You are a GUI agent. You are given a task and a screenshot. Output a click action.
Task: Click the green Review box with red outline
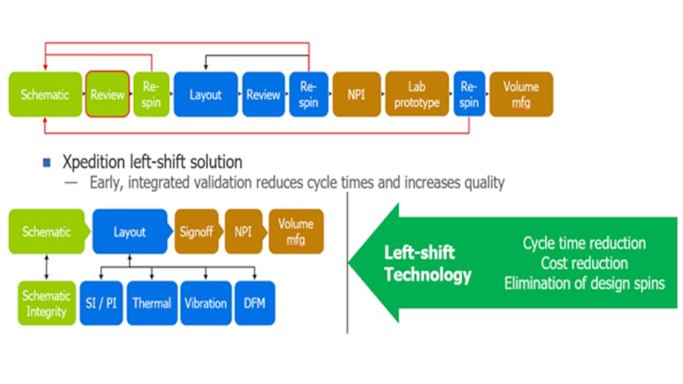coord(107,95)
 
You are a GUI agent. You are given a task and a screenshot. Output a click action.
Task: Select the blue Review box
coord(263,95)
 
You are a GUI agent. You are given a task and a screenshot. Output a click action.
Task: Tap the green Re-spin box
coord(151,95)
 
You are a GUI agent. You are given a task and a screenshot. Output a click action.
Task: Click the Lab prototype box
coord(417,95)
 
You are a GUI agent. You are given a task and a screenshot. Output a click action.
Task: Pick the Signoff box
coord(197,231)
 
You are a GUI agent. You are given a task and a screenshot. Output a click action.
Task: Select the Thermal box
coord(152,303)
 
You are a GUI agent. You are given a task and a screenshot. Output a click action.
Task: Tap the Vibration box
coord(206,303)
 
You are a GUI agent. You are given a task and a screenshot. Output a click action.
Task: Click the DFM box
coord(254,303)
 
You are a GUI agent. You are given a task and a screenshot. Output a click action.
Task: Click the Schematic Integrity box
coord(46,303)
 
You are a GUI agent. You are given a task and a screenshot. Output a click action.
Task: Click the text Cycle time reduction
coord(584,244)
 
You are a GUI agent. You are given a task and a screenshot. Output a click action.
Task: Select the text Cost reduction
coord(584,263)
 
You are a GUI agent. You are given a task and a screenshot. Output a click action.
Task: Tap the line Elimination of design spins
coord(584,283)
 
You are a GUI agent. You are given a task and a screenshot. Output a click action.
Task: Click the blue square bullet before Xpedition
coord(47,162)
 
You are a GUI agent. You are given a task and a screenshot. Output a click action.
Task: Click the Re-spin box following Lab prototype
coord(468,95)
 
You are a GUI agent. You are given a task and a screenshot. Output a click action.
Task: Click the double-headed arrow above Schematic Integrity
coord(46,266)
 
